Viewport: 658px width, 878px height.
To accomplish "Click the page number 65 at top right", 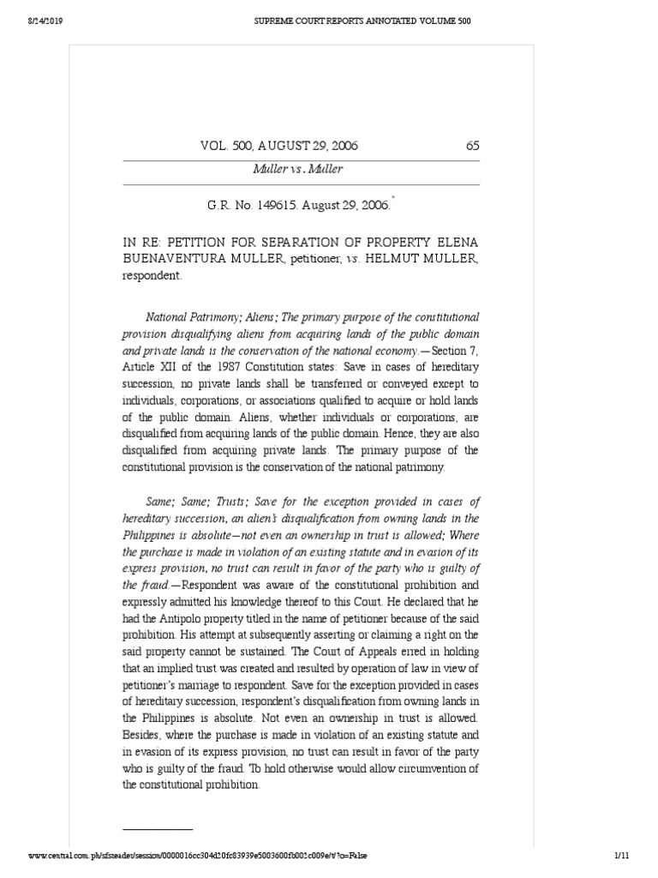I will tap(472, 146).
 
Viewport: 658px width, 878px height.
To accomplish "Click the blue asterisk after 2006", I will tap(393, 198).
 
